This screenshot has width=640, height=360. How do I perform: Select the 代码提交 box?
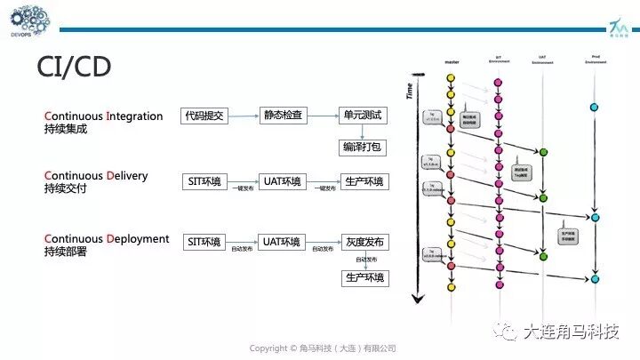[x=204, y=116]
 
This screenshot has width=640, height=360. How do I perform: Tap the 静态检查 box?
[x=283, y=116]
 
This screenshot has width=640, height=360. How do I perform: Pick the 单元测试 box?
[x=364, y=116]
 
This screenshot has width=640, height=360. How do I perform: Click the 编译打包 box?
[x=364, y=147]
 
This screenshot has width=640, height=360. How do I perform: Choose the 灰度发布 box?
[x=365, y=241]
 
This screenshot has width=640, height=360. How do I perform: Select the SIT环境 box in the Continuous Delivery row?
[x=204, y=181]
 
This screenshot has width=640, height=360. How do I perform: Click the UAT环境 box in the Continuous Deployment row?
[x=283, y=241]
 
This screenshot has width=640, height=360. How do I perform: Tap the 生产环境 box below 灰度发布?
[x=365, y=277]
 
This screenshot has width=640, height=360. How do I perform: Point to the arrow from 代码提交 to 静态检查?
[x=243, y=116]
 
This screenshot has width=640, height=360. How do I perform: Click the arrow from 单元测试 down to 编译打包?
[x=364, y=131]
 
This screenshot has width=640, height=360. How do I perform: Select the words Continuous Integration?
[x=104, y=116]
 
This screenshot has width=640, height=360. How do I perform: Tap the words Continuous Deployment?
[x=107, y=238]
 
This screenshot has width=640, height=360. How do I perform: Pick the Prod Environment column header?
[x=594, y=61]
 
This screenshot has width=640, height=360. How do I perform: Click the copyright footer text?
[x=322, y=348]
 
